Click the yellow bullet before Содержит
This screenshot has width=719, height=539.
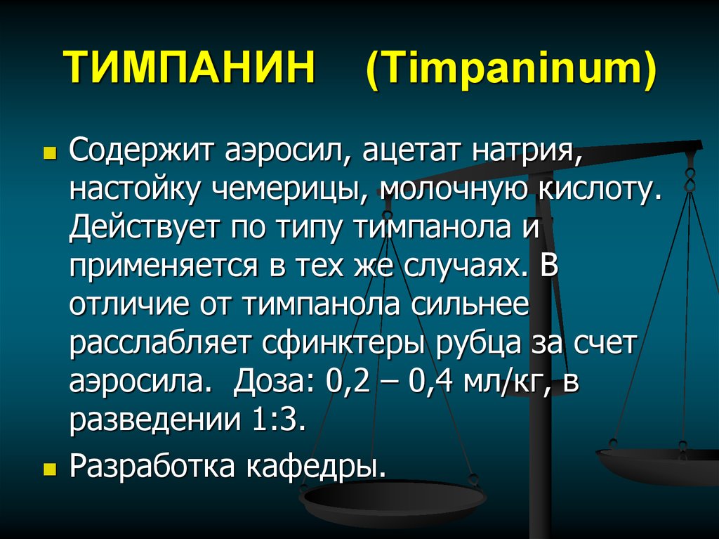[x=49, y=152]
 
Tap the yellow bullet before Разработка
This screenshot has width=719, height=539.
[x=49, y=468]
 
